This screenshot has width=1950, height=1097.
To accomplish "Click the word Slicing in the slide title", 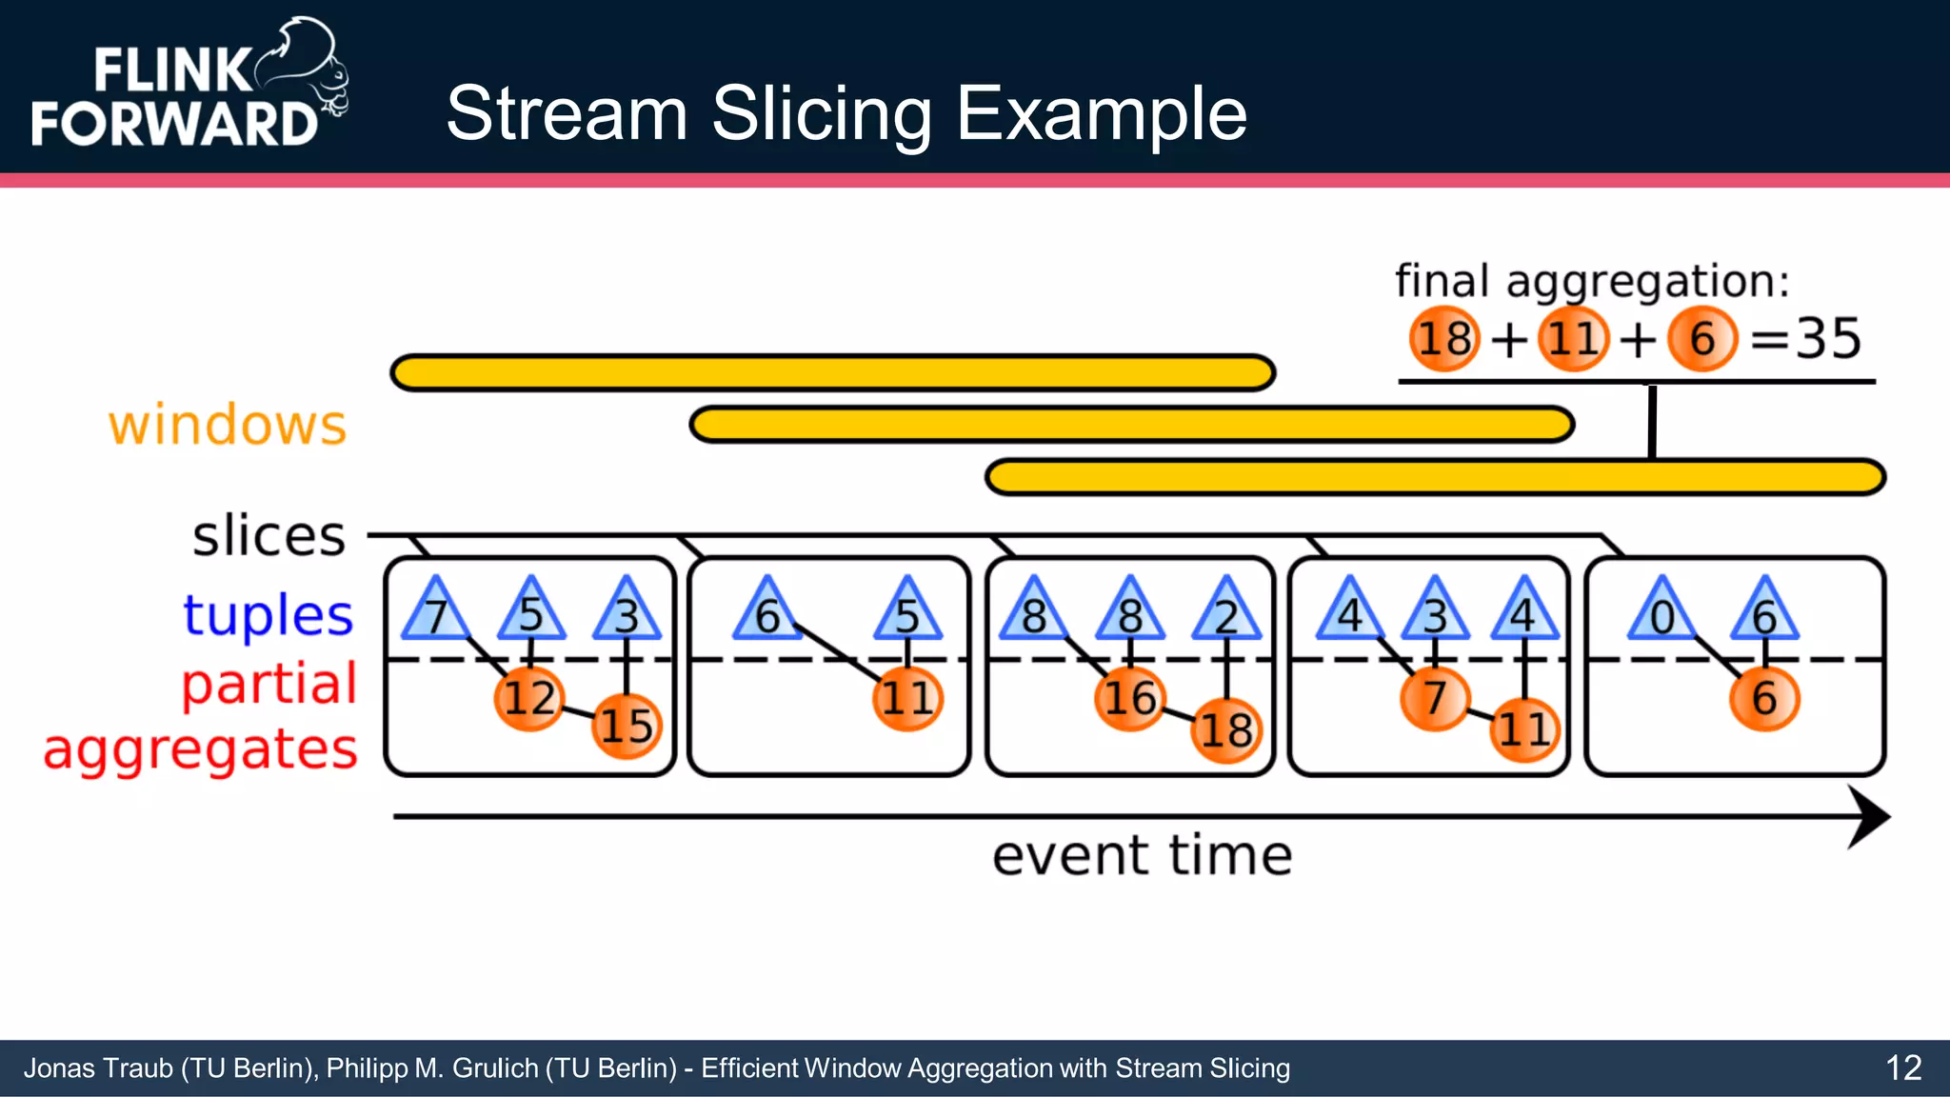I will pyautogui.click(x=821, y=114).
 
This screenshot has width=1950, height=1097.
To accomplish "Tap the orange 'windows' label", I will pyautogui.click(x=228, y=425).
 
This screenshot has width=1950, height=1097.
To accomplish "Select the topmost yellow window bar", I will pyautogui.click(x=832, y=372).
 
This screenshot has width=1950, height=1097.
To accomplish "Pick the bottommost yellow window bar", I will pyautogui.click(x=1435, y=477).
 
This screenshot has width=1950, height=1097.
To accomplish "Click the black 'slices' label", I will pyautogui.click(x=269, y=535).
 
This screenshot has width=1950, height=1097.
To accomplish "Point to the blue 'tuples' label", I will pyautogui.click(x=268, y=614).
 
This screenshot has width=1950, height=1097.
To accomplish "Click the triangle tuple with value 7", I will pyautogui.click(x=435, y=612).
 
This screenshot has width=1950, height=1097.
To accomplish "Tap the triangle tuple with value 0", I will pyautogui.click(x=1661, y=612).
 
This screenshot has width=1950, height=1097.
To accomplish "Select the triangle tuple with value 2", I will pyautogui.click(x=1226, y=612).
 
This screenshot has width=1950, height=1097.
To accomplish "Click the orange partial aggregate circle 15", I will pyautogui.click(x=626, y=726).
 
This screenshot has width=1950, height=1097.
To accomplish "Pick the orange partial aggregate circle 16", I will pyautogui.click(x=1129, y=698).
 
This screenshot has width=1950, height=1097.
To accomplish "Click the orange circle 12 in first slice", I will pyautogui.click(x=529, y=698).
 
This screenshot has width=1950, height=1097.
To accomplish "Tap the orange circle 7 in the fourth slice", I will pyautogui.click(x=1435, y=698).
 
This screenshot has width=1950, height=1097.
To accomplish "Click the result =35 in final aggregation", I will pyautogui.click(x=1806, y=338).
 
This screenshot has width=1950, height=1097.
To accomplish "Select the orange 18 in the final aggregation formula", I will pyautogui.click(x=1444, y=339).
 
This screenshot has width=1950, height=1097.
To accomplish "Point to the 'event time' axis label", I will pyautogui.click(x=1142, y=855).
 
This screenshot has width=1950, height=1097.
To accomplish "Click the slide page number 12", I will pyautogui.click(x=1903, y=1067).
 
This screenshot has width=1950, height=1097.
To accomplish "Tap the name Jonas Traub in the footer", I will pyautogui.click(x=98, y=1068).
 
